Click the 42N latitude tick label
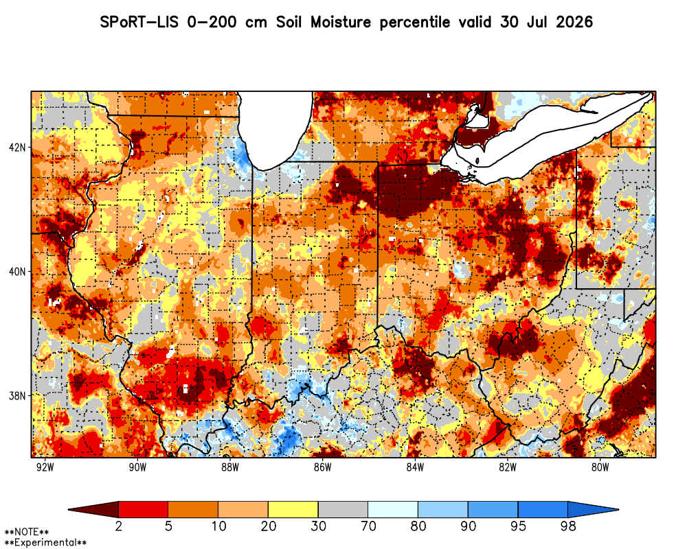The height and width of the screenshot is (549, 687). pyautogui.click(x=17, y=147)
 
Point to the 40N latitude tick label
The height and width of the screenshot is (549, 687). pyautogui.click(x=17, y=272)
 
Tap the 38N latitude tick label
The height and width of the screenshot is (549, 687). pyautogui.click(x=17, y=396)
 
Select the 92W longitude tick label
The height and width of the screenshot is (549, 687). pyautogui.click(x=45, y=467)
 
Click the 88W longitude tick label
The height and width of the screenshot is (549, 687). pyautogui.click(x=230, y=467)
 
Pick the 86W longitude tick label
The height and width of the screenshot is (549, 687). pyautogui.click(x=322, y=467)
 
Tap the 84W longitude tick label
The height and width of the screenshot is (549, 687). pyautogui.click(x=415, y=467)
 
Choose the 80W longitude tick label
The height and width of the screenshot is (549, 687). pyautogui.click(x=600, y=467)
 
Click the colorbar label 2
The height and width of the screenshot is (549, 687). pyautogui.click(x=118, y=526)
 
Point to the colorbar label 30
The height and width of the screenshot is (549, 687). pyautogui.click(x=318, y=526)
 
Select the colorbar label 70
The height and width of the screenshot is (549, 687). pyautogui.click(x=368, y=526)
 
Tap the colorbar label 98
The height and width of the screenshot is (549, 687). pyautogui.click(x=568, y=526)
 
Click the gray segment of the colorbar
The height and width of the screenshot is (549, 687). pyautogui.click(x=343, y=510)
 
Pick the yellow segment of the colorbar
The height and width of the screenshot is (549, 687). pyautogui.click(x=293, y=510)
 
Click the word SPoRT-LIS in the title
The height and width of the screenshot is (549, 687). pyautogui.click(x=139, y=22)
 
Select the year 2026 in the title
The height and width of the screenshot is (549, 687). pyautogui.click(x=574, y=22)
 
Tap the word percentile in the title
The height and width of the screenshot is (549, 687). pyautogui.click(x=414, y=23)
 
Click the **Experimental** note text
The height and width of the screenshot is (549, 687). pyautogui.click(x=45, y=543)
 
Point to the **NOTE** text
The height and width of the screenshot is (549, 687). pyautogui.click(x=27, y=533)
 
